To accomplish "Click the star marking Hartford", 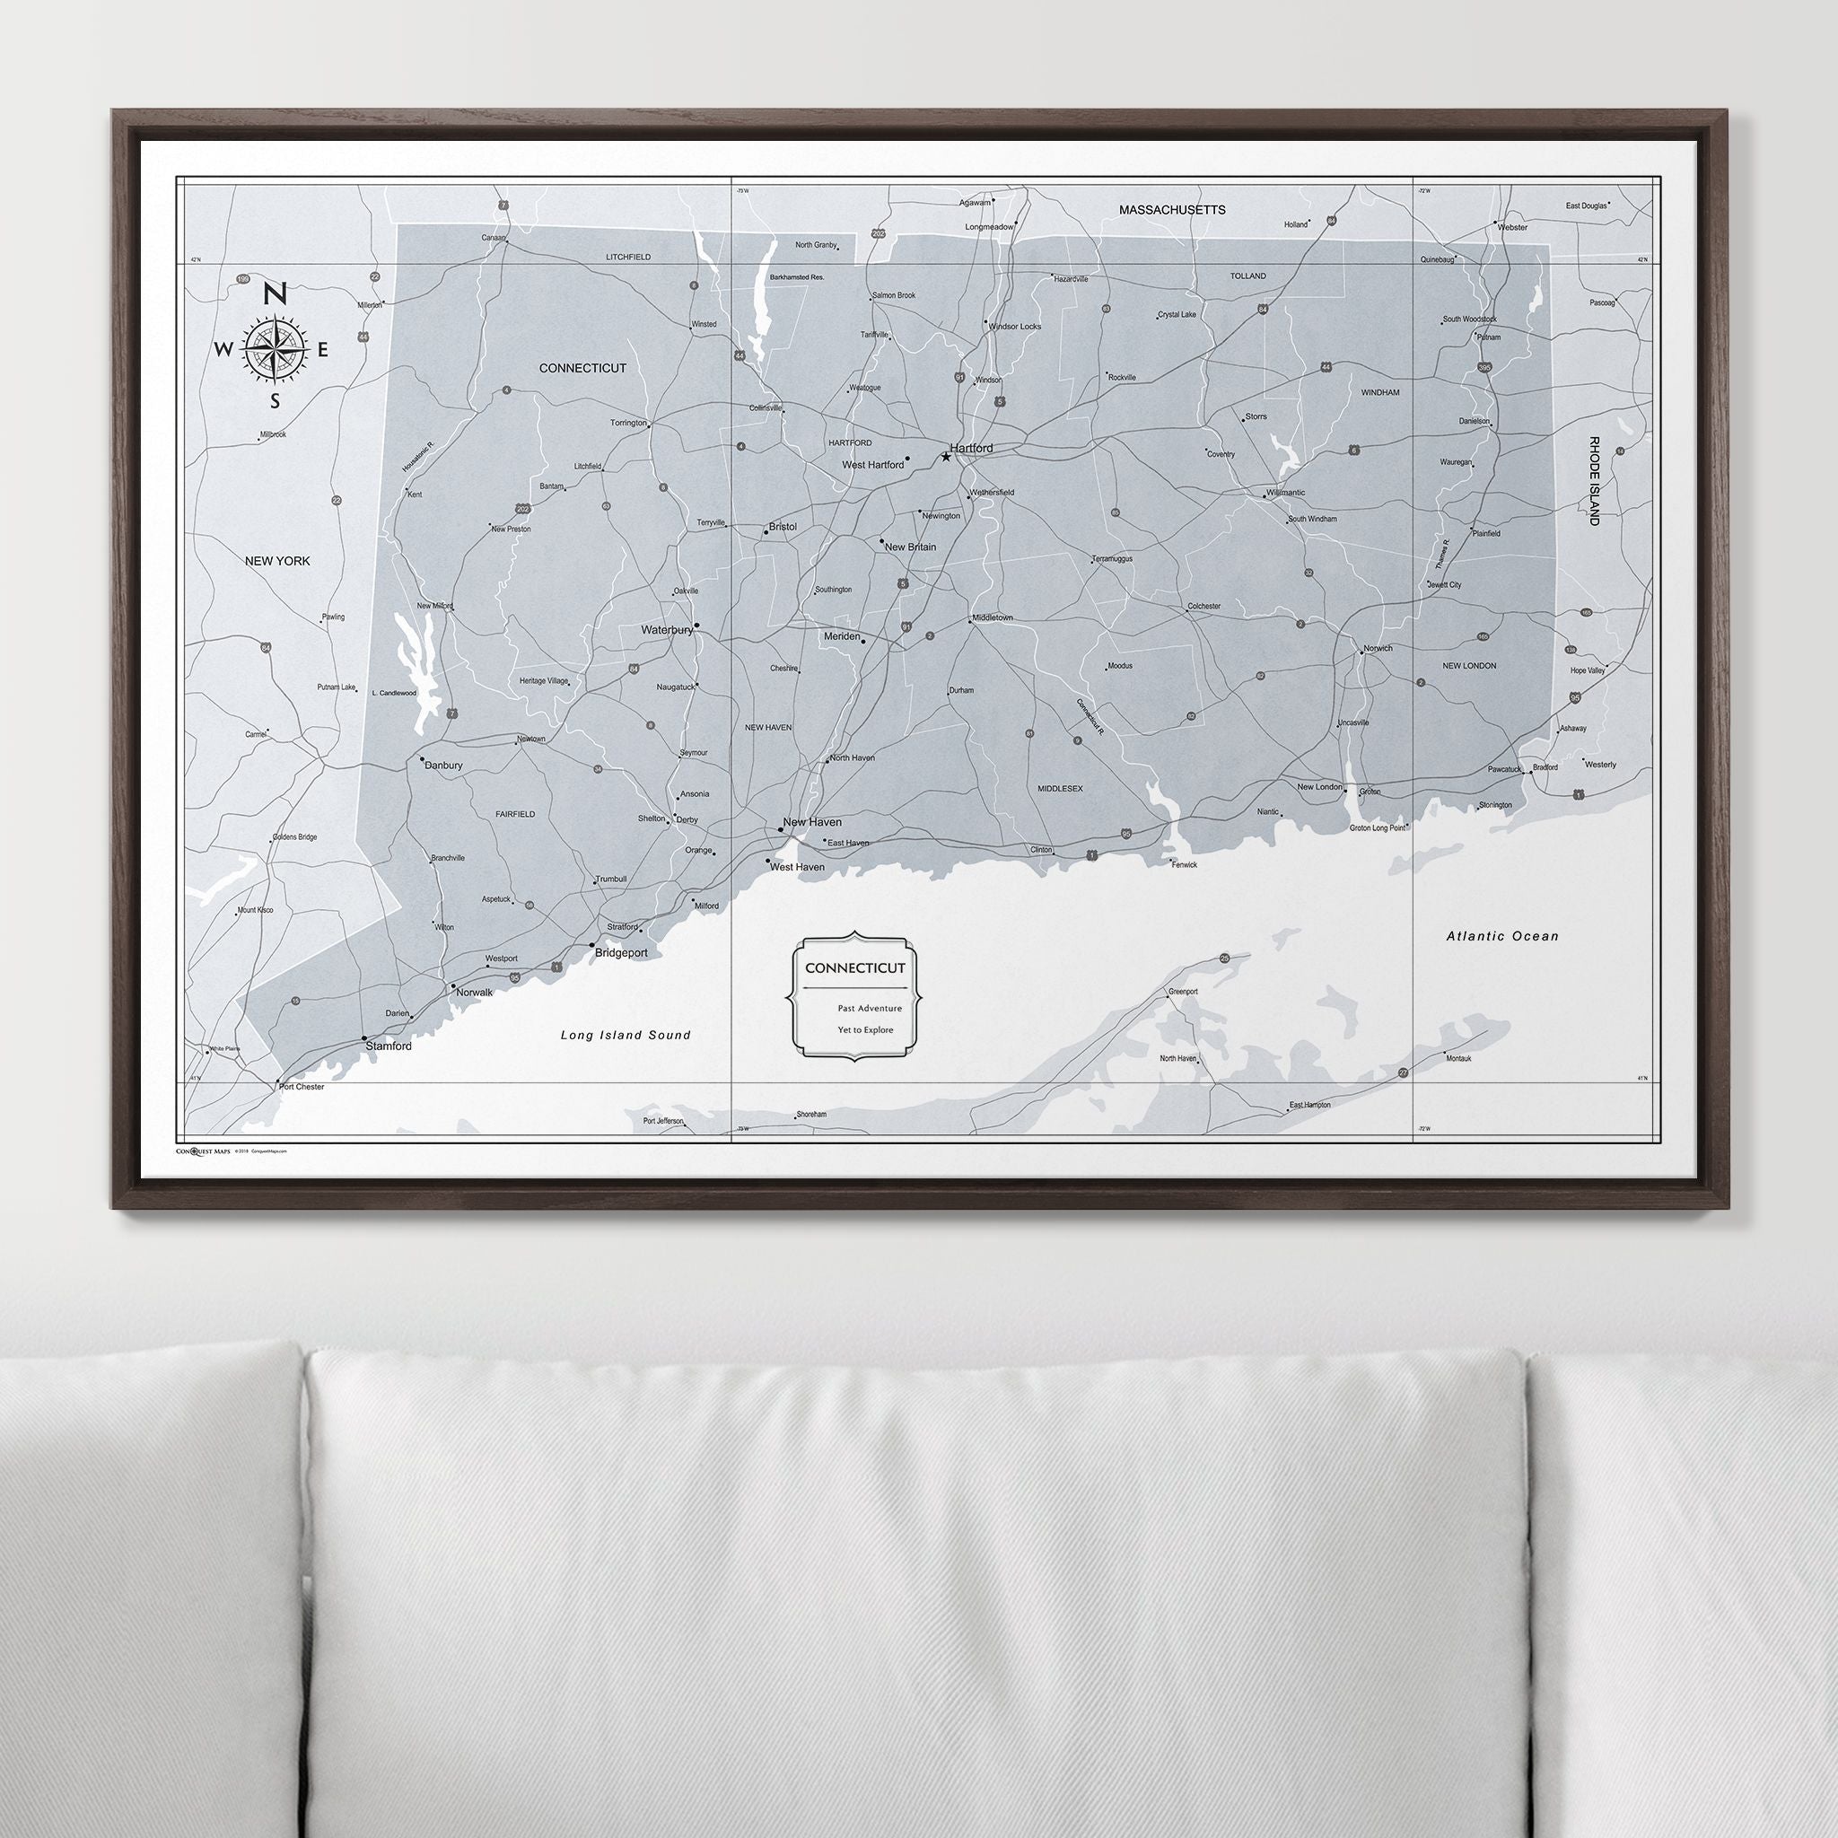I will coord(946,457).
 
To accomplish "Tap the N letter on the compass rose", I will coord(275,294).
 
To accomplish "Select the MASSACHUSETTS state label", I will coord(1172,209).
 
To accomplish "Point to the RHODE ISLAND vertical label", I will coord(1594,481).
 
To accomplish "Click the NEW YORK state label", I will coord(278,561).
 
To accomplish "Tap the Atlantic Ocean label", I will coord(1502,936).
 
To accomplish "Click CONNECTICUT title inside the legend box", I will coord(855,968).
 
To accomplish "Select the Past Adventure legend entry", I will coord(870,1009).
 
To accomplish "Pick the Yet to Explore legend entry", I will coord(866,1029).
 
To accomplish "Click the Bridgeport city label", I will coord(621,952).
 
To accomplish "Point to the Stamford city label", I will coord(389,1046).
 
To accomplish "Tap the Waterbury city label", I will coord(667,630).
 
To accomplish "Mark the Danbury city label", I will coord(443,765).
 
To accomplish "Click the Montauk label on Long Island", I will coord(1458,1058).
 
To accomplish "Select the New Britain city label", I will coord(910,547).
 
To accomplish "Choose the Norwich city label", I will coord(1378,649).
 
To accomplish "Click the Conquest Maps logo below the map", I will coord(204,1151).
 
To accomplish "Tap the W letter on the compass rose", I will coord(223,349).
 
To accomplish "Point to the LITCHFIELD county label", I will coord(628,257).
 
